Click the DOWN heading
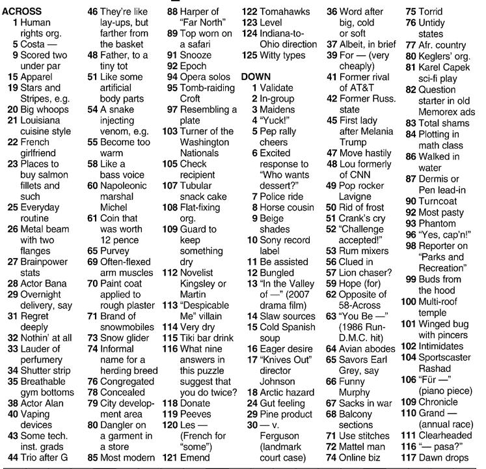(255, 76)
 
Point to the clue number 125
(249, 55)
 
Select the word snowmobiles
(129, 327)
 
